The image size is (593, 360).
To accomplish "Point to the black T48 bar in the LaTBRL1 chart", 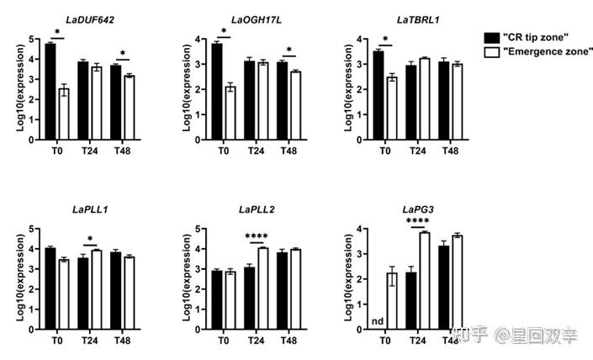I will pyautogui.click(x=444, y=100).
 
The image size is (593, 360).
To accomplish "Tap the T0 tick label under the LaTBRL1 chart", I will pyautogui.click(x=384, y=150).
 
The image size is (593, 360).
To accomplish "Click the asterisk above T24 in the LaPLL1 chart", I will pyautogui.click(x=89, y=238).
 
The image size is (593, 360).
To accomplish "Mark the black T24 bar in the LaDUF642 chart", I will pyautogui.click(x=82, y=100).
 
